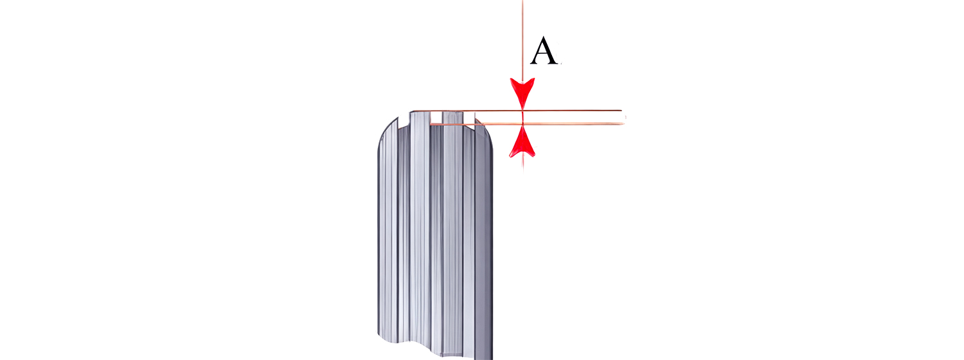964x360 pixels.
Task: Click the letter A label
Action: pos(544,51)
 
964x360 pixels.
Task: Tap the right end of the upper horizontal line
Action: pos(621,110)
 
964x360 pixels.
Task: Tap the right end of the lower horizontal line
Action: pos(625,124)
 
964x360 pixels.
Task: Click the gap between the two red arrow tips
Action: pos(522,117)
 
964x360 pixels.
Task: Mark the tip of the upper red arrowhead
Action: pos(522,110)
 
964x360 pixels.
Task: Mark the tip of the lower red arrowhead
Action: pos(522,125)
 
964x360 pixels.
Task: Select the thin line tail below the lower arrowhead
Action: pos(523,164)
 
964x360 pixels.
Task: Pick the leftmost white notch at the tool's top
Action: pos(404,120)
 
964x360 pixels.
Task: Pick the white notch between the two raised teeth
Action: pos(436,118)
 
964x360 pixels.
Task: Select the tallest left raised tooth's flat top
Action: pos(420,112)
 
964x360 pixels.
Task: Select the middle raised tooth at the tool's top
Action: pos(453,117)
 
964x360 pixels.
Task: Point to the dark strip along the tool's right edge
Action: pos(490,250)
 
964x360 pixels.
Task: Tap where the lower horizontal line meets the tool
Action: pos(431,124)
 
